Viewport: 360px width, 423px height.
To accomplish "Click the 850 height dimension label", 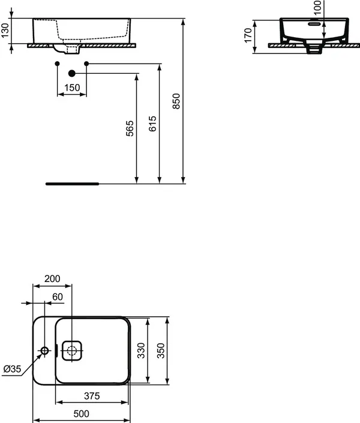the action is click(176, 101).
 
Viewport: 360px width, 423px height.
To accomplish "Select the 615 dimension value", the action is click(152, 124).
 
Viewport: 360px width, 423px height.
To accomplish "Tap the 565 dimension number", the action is click(130, 128).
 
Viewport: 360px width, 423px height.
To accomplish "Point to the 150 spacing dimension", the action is click(72, 88).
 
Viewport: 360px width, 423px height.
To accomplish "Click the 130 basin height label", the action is click(5, 31).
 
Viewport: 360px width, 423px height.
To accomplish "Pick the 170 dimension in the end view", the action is click(248, 35).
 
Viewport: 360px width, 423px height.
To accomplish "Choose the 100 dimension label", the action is click(318, 7).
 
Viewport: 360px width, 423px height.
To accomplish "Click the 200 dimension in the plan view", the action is click(52, 278).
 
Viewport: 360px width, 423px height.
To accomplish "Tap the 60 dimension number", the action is click(58, 297).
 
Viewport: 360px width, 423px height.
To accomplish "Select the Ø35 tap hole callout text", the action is click(12, 369).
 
